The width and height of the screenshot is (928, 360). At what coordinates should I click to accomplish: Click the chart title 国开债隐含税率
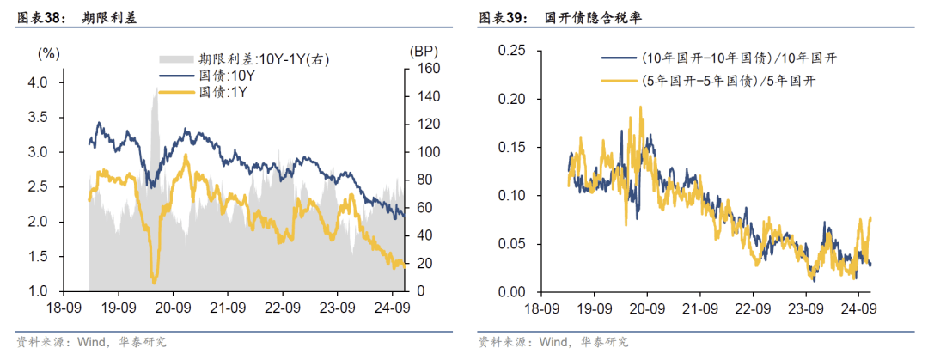coord(586,17)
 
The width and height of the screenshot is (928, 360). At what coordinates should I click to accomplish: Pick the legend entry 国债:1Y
coord(225,91)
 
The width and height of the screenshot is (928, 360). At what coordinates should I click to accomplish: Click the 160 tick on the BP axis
coord(427,69)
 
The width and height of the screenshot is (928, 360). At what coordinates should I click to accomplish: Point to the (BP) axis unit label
coord(424,52)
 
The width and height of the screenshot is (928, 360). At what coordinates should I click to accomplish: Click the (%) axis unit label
coord(48,53)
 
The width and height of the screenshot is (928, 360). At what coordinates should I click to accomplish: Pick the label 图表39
coord(498,17)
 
